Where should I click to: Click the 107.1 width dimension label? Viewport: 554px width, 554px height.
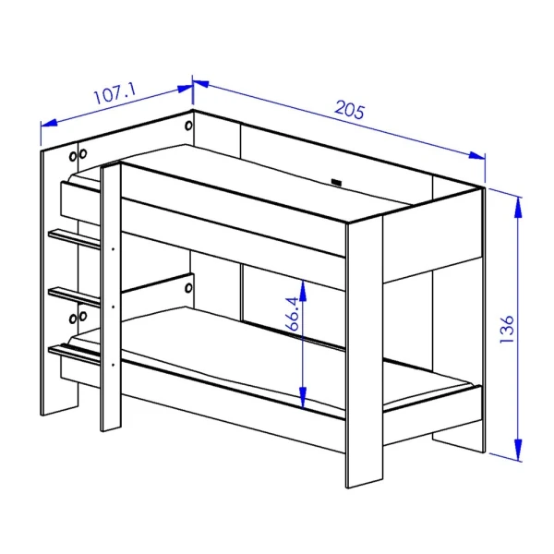pos(114,93)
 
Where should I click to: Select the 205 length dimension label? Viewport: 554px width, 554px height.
pos(349,110)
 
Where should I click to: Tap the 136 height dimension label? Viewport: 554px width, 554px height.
pos(506,329)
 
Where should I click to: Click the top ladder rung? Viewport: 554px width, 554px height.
pos(75,239)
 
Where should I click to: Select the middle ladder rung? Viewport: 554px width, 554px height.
pos(75,296)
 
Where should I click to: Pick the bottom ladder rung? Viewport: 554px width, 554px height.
pos(75,354)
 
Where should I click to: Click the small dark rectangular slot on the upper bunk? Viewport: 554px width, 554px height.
pos(336,183)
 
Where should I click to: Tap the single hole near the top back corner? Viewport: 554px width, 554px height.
pos(188,126)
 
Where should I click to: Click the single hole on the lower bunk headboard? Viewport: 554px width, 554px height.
pos(188,288)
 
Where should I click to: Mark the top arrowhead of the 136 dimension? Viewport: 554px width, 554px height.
pos(518,207)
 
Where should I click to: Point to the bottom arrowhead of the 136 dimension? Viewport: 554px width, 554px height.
pos(518,450)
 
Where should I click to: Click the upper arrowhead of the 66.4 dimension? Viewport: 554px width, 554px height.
pos(303,291)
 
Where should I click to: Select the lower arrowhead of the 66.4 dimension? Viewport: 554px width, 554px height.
pos(303,397)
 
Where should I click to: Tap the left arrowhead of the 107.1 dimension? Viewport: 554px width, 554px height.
pos(49,123)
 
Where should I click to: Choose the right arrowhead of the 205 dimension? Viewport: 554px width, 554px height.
pos(476,155)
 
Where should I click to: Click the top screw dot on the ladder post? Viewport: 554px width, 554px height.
pos(113,249)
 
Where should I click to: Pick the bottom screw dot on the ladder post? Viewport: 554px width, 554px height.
pos(113,365)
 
